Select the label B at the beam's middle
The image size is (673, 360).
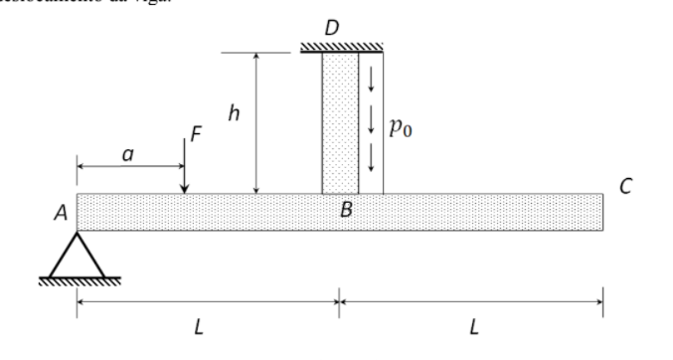click(x=346, y=210)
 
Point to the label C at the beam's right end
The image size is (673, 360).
click(x=625, y=185)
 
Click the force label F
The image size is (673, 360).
click(x=196, y=133)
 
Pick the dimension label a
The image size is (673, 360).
click(x=127, y=153)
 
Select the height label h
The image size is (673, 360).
click(x=234, y=113)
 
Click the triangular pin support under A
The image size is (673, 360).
click(x=78, y=256)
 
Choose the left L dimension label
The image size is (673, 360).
click(x=199, y=328)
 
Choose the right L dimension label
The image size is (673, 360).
click(x=473, y=328)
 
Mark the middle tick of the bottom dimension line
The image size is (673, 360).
click(x=339, y=298)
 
